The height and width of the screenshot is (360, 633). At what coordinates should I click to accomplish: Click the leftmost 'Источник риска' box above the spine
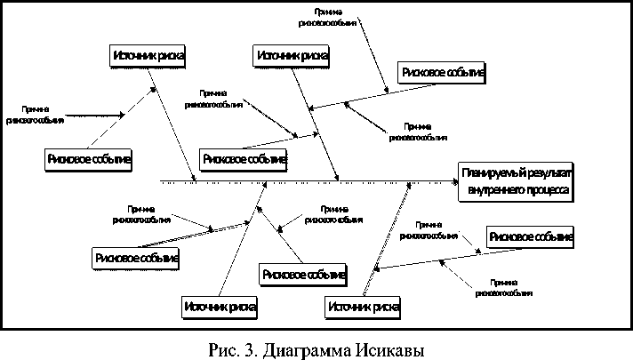point(149,56)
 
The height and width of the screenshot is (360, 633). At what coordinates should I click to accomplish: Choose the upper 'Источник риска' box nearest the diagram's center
point(292,56)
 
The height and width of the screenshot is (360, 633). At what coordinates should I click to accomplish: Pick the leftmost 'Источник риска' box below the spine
point(220,308)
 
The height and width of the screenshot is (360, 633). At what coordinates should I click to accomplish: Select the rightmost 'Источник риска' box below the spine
point(362,308)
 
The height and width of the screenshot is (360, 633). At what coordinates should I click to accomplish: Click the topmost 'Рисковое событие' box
point(443,73)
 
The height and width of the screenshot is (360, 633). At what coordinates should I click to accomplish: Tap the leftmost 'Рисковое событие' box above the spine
point(88,159)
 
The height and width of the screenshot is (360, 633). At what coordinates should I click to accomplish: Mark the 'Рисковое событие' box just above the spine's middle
point(244,159)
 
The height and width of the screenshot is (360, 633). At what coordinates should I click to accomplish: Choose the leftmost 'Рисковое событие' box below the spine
point(136,258)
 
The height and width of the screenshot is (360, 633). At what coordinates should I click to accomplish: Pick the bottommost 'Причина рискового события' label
point(503,286)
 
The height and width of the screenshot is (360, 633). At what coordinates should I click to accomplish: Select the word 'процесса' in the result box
point(544,189)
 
